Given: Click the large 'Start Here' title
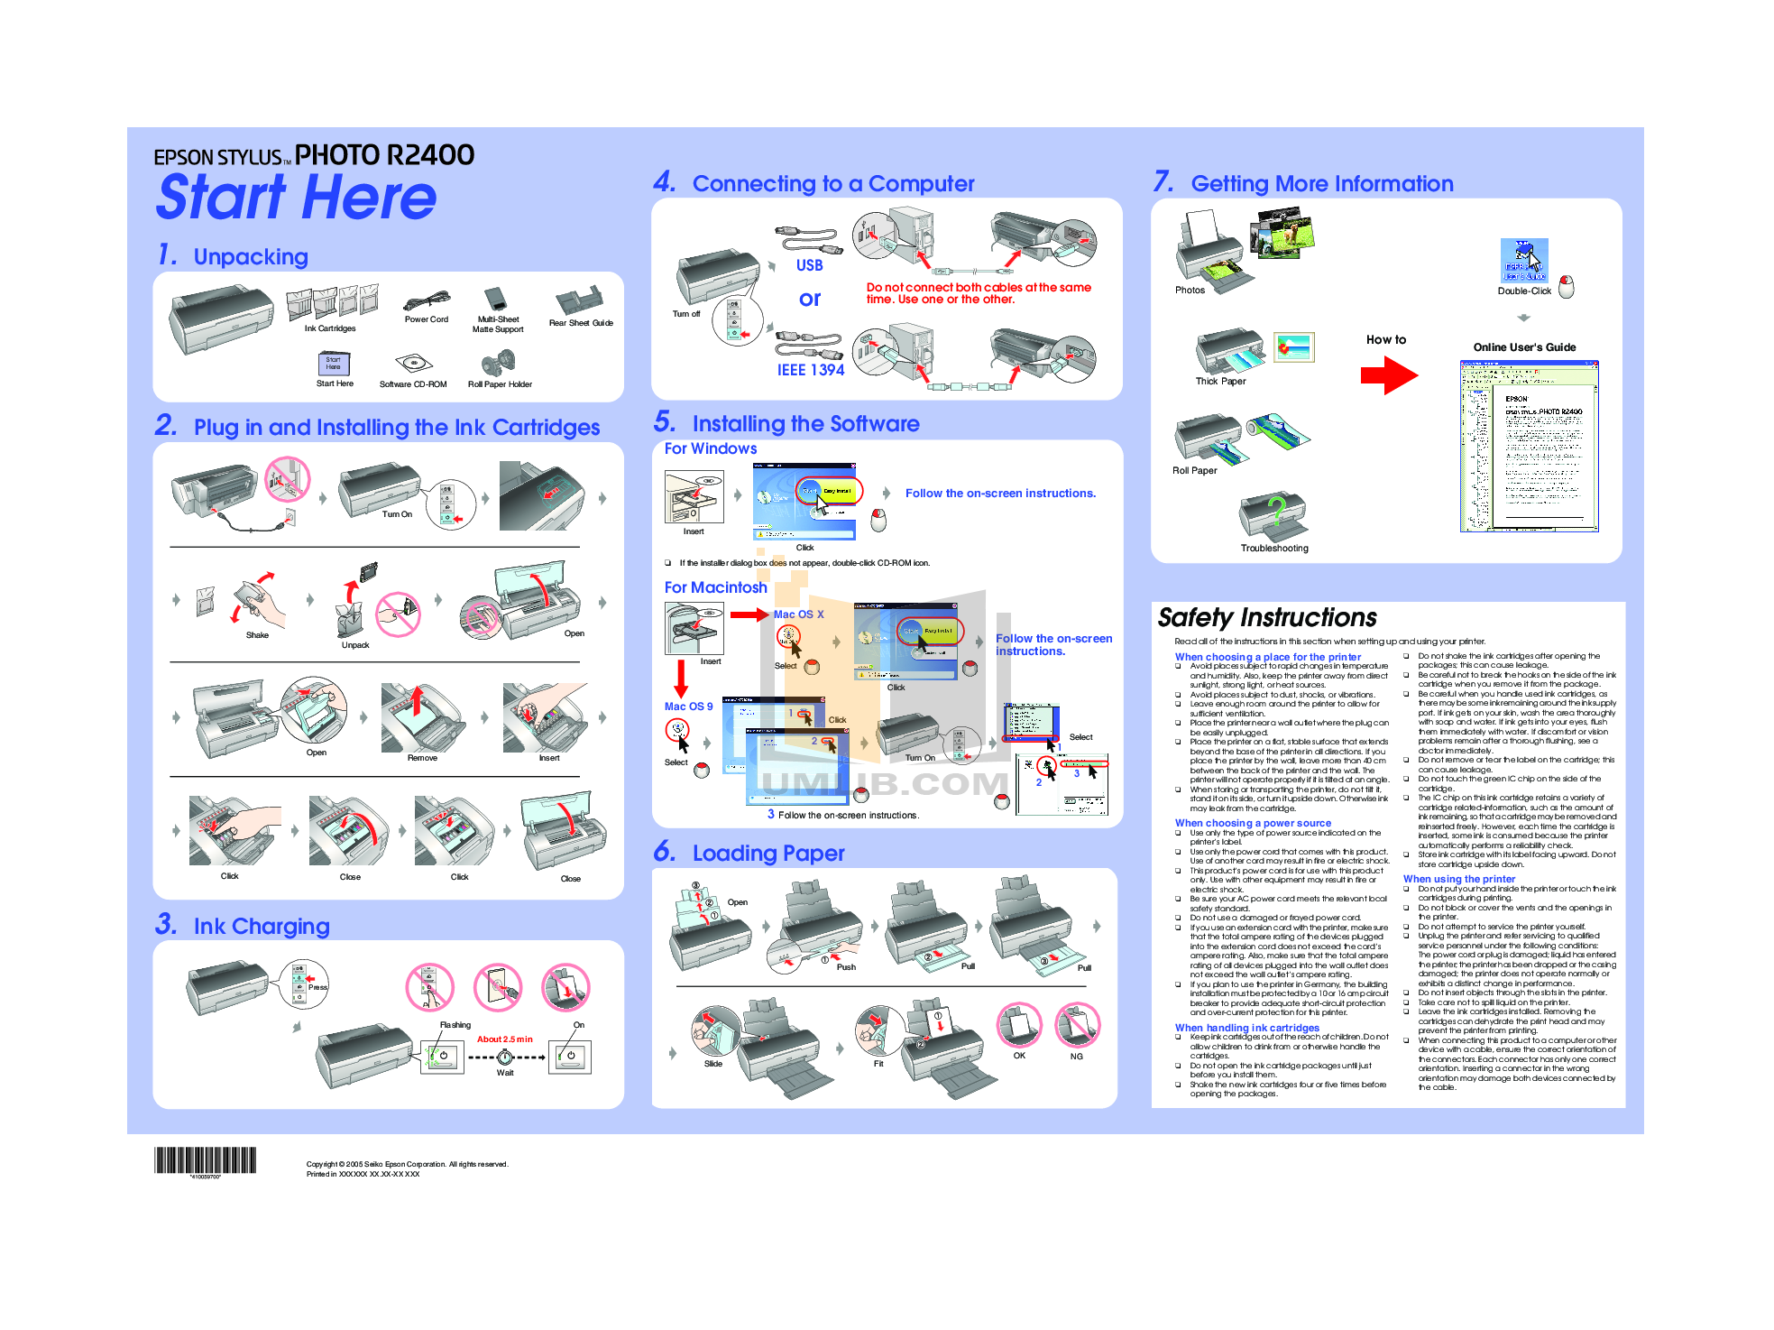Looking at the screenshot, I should tap(296, 198).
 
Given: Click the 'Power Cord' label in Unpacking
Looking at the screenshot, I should tap(426, 319).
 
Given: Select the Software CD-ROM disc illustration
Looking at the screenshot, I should tap(413, 364).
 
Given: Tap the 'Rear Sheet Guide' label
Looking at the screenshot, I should tap(581, 323).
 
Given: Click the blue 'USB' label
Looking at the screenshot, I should tap(809, 265).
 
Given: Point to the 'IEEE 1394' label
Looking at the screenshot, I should tap(811, 370).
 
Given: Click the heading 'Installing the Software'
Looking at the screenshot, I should tap(805, 423).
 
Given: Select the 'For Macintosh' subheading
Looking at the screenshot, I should tap(715, 587).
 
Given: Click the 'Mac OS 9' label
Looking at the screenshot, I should tap(688, 707).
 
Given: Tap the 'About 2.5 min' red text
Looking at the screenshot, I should tap(504, 1039).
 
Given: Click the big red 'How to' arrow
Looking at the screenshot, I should tap(1389, 374).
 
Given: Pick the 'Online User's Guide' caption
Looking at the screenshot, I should tap(1524, 347).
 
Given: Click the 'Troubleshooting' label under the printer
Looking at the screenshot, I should tap(1273, 549).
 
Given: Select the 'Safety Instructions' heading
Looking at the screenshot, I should tap(1266, 617).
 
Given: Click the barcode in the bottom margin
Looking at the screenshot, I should tap(205, 1160).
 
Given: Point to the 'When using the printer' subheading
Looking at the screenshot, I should tap(1458, 879).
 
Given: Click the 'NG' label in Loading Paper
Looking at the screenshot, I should tap(1076, 1057).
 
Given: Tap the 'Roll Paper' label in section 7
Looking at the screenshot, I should tap(1194, 471).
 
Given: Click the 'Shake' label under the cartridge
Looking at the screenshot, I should tap(257, 635).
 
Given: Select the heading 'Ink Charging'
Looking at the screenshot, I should tap(262, 926).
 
